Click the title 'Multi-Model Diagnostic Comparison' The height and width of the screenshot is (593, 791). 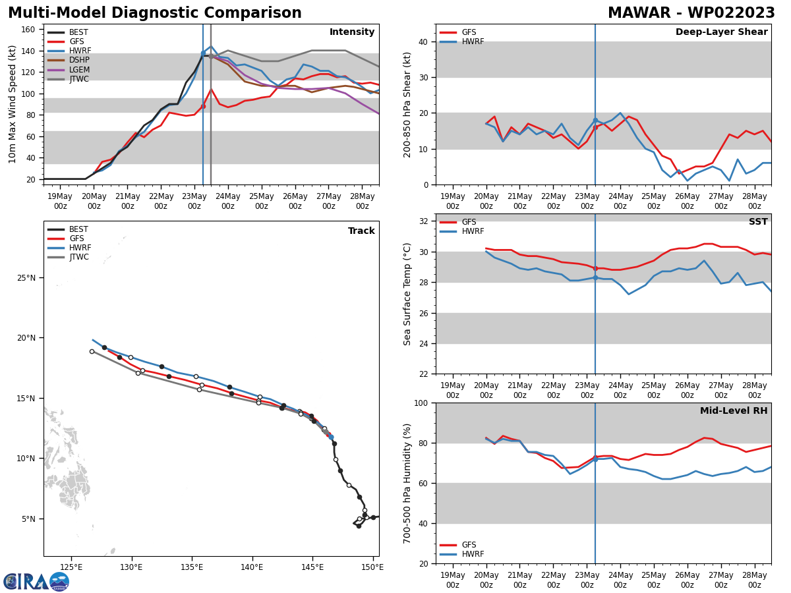154,13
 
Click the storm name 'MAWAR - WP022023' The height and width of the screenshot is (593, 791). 691,13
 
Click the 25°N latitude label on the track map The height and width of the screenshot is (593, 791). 26,278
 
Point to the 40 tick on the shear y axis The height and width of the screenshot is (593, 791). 422,42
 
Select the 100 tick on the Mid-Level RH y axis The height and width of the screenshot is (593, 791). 419,403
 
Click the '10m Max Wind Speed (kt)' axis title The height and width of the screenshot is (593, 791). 13,104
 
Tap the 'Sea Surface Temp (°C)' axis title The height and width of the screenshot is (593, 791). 407,294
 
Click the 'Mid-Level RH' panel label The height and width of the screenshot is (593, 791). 734,411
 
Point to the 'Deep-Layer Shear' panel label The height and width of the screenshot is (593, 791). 721,32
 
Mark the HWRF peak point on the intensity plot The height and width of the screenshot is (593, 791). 211,47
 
